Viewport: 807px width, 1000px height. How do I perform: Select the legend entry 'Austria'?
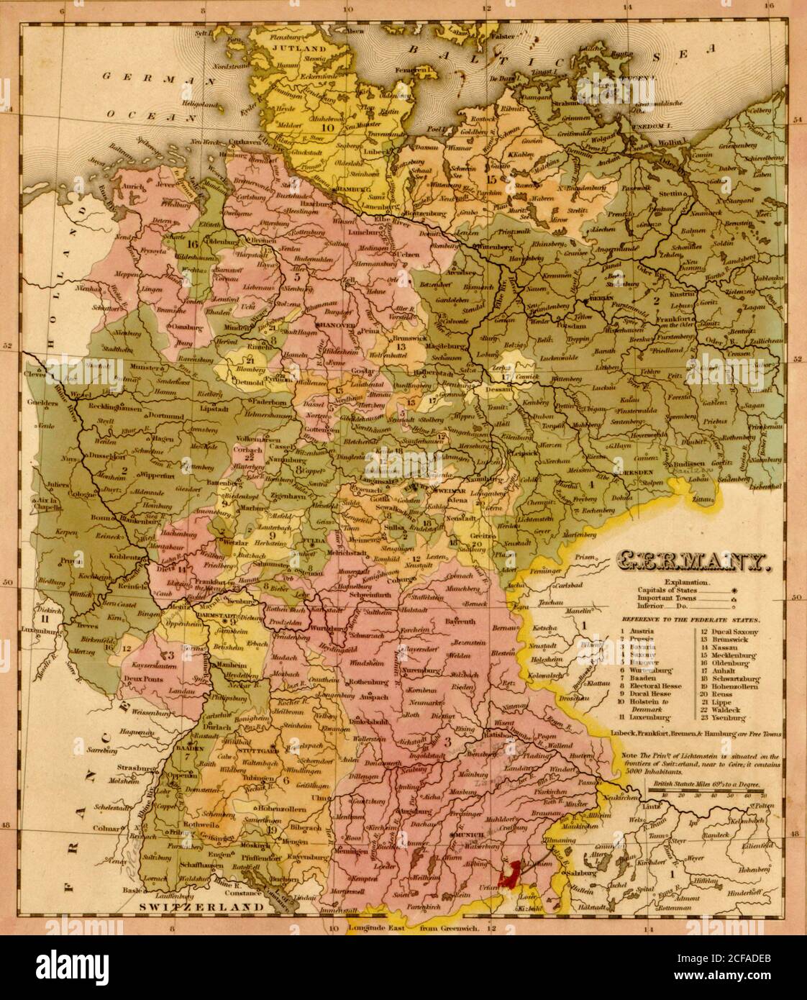(x=642, y=631)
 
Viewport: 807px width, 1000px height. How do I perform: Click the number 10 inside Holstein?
(x=329, y=127)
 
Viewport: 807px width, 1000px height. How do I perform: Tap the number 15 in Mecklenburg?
(x=492, y=178)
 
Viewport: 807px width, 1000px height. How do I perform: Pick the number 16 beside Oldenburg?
(x=191, y=243)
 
